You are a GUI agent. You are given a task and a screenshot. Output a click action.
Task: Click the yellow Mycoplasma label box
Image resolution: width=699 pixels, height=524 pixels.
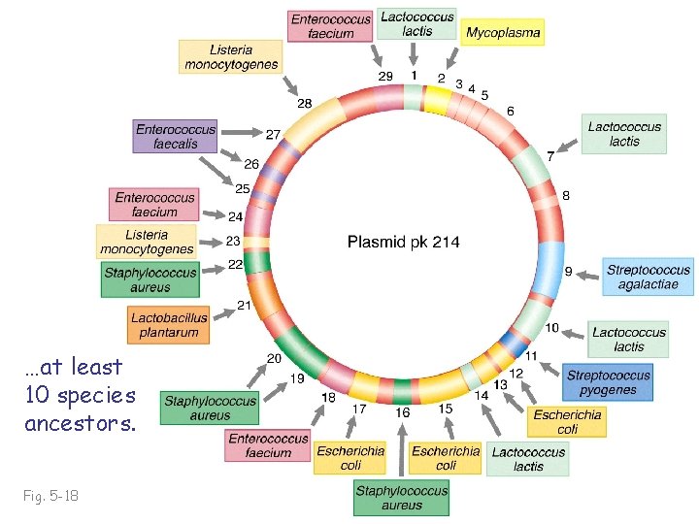[x=503, y=32]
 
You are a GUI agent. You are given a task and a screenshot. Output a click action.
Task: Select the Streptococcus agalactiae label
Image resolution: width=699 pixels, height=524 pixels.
[x=649, y=278]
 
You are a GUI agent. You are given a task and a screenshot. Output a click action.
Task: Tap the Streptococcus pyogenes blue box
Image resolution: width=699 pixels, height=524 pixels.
[x=609, y=382]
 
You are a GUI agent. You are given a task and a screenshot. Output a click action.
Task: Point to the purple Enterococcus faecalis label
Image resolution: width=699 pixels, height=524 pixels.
[x=175, y=136]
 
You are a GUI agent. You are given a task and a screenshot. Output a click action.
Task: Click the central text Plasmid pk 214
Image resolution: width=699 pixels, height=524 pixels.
[x=404, y=242]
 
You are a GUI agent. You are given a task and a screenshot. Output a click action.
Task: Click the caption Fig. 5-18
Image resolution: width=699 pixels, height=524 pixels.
[x=51, y=496]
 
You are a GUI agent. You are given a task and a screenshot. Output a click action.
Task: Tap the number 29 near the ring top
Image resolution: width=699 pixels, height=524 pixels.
[x=384, y=76]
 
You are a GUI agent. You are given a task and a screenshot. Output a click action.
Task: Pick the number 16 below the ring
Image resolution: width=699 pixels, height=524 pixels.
[x=402, y=412]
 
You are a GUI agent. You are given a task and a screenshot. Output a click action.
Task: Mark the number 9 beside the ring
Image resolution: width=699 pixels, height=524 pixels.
[x=568, y=271]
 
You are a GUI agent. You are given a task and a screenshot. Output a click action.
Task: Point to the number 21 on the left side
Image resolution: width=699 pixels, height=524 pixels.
[x=244, y=306]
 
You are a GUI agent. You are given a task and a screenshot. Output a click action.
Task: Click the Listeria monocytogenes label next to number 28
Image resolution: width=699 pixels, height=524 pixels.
[x=231, y=57]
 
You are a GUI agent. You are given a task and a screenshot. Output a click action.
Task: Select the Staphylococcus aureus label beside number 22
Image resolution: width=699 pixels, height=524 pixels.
[x=150, y=279]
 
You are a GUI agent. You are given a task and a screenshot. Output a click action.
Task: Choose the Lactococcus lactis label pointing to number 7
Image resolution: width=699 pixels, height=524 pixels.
[x=625, y=134]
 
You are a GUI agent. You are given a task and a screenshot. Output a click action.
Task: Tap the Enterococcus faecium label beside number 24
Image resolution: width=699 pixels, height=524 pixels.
[x=155, y=205]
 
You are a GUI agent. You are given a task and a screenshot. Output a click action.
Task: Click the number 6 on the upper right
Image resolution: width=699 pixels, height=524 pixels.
[x=511, y=112]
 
